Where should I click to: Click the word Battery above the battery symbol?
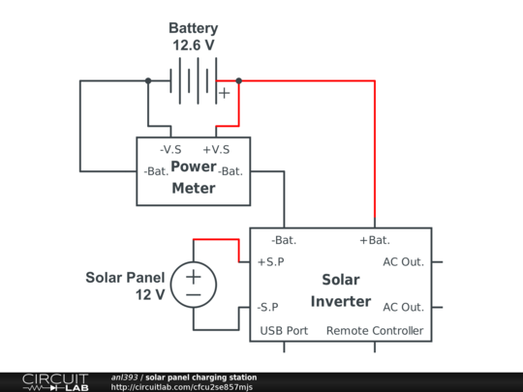tap(193, 28)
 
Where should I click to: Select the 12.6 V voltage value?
tap(194, 45)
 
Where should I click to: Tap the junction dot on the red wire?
tap(239, 80)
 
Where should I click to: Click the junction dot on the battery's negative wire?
tap(148, 80)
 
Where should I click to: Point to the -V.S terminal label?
tap(170, 150)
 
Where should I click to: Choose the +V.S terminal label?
tap(216, 150)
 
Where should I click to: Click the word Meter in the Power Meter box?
tap(194, 189)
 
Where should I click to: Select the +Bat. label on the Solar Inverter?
tap(375, 240)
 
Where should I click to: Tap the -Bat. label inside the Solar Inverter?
tap(284, 240)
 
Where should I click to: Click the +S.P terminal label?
tap(271, 262)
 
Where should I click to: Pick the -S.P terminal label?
tap(267, 307)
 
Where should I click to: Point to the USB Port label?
tap(284, 331)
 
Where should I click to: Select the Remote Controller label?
tap(375, 331)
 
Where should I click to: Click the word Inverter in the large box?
tap(341, 301)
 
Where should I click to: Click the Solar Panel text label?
tap(125, 278)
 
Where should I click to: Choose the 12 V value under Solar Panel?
tap(150, 294)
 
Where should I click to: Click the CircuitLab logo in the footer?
tap(55, 382)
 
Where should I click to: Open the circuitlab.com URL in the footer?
tap(182, 387)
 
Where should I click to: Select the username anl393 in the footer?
tap(124, 377)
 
